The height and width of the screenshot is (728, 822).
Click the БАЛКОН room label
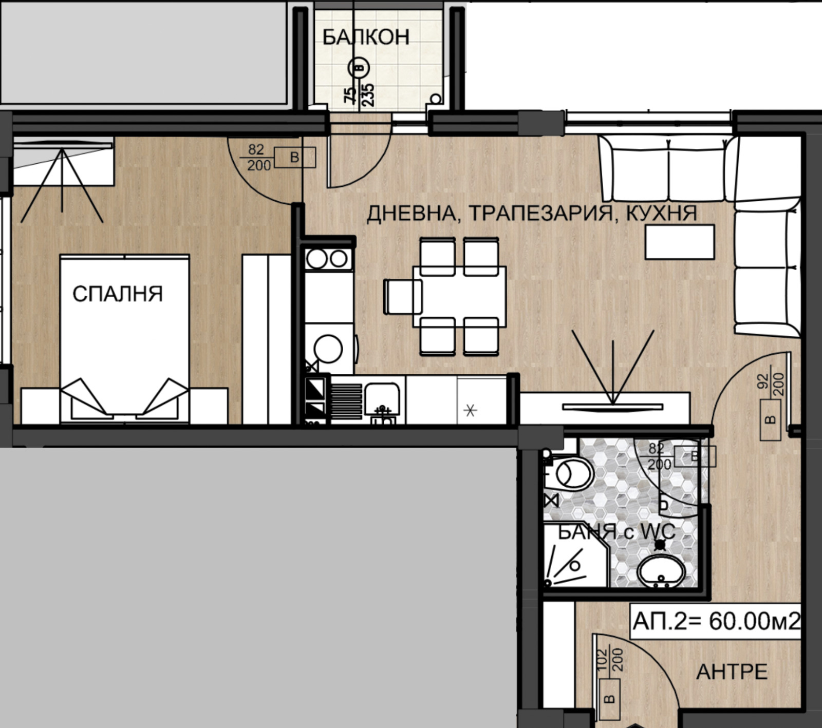click(x=366, y=37)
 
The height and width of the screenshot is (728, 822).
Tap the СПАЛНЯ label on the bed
click(x=117, y=294)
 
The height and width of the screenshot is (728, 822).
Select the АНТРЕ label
click(x=732, y=672)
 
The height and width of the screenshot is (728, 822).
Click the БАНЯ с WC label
click(x=616, y=532)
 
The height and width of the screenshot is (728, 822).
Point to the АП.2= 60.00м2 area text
click(x=716, y=622)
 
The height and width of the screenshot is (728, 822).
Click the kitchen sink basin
click(x=383, y=398)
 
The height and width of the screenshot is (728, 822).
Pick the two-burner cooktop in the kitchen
click(x=328, y=259)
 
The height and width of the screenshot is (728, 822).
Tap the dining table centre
click(x=459, y=296)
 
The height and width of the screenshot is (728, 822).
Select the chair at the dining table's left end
click(x=402, y=297)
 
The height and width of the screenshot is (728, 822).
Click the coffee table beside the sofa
click(x=680, y=242)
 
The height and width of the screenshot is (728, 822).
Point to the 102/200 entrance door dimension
click(x=610, y=660)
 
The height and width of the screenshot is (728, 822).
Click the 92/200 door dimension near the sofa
click(x=771, y=384)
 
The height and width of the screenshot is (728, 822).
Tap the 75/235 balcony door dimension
click(x=360, y=95)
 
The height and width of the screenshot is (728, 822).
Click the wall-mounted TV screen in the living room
click(x=612, y=407)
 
